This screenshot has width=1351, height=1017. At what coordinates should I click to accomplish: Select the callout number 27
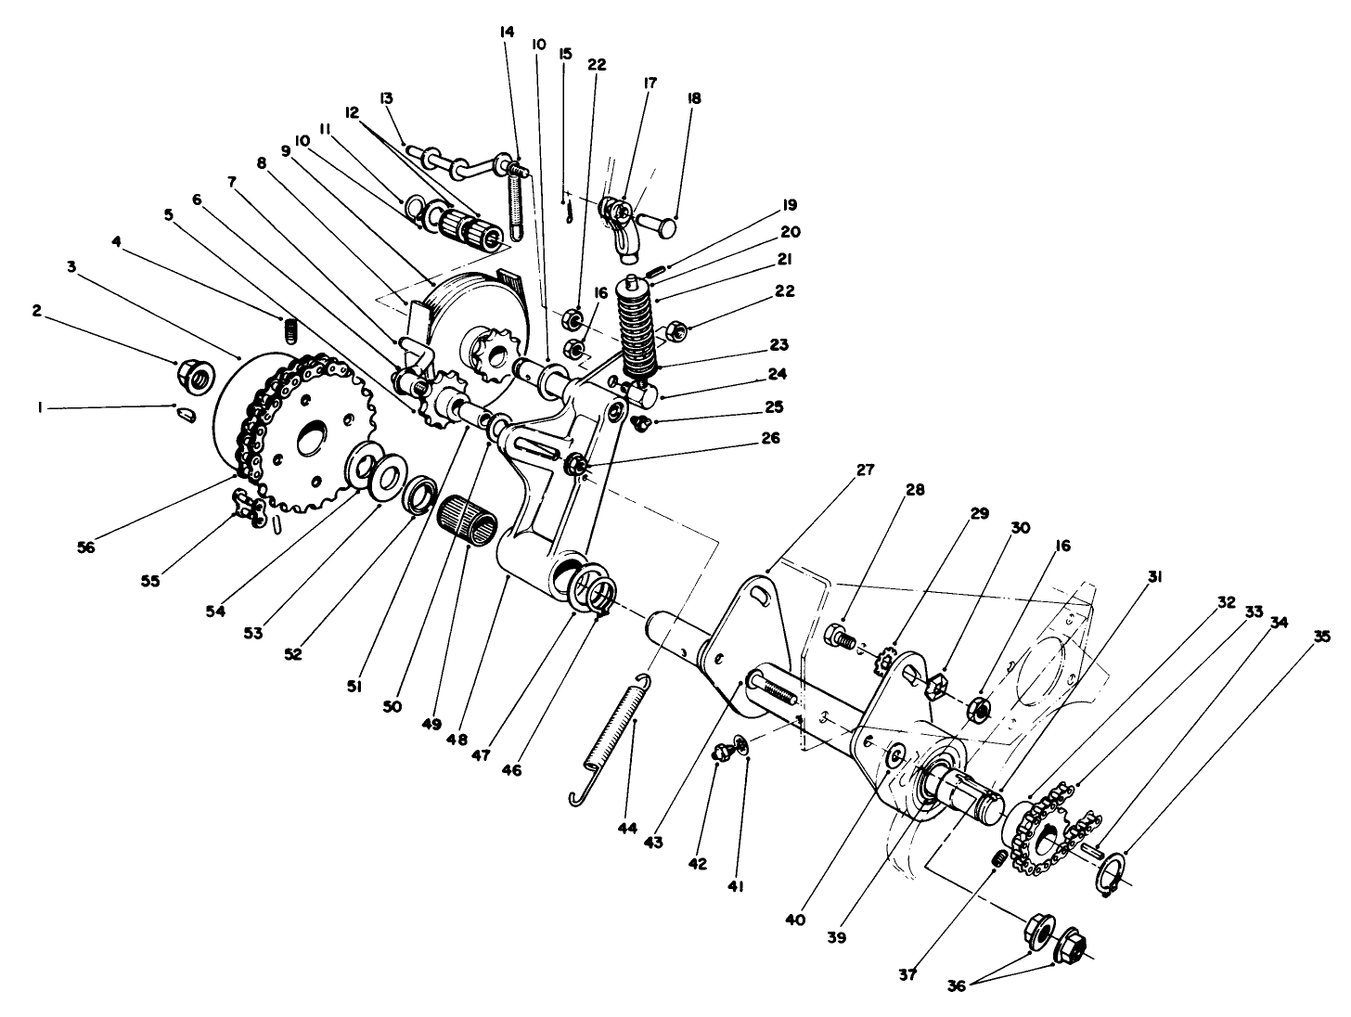point(865,470)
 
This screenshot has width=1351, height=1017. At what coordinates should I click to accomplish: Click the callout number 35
point(1321,637)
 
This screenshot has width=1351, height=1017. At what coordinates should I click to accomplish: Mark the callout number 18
point(692,98)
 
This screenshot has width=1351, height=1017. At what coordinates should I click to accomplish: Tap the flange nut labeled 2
point(196,374)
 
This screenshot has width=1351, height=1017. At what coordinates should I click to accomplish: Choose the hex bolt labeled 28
point(838,637)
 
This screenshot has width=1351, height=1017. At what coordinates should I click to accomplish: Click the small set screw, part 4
point(289,329)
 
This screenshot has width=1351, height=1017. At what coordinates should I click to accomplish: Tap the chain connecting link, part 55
point(248,506)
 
